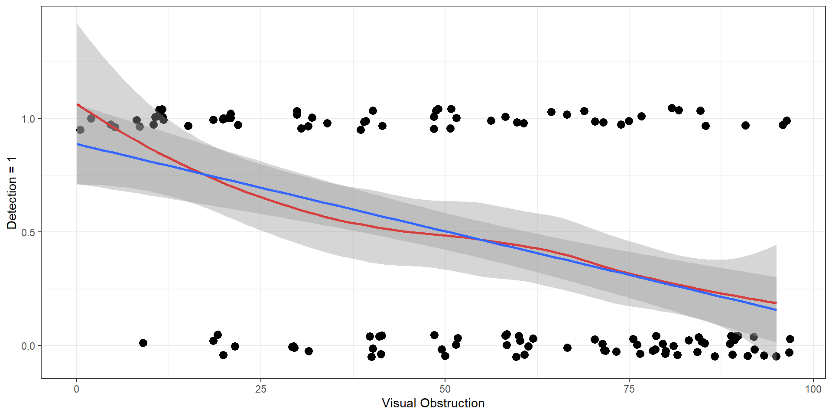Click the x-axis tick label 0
tap(77, 389)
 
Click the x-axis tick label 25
tap(260, 389)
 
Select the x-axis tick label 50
tap(445, 389)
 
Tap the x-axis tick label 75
tap(629, 389)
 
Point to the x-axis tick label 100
tap(813, 389)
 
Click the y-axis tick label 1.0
tap(29, 119)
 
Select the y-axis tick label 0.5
tap(29, 232)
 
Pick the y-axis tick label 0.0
tap(29, 346)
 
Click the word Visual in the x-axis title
tap(399, 403)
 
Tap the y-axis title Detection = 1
tap(12, 193)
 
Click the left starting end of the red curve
tap(77, 104)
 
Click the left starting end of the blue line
tap(77, 144)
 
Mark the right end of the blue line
tap(776, 310)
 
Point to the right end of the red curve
tap(776, 303)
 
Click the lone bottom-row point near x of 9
tap(143, 343)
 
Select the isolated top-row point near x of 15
tap(188, 126)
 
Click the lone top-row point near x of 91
tap(745, 125)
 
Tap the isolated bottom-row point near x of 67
tap(567, 348)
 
